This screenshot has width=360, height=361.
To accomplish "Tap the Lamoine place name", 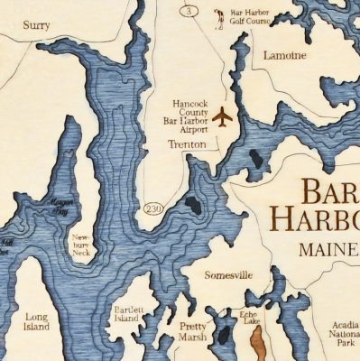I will [x=284, y=55].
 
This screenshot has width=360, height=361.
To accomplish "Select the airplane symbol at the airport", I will [x=222, y=116].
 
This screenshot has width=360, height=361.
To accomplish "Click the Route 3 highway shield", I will [x=189, y=12].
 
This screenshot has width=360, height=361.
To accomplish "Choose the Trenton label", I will [x=187, y=144].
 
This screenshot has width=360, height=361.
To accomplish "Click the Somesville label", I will [x=228, y=274].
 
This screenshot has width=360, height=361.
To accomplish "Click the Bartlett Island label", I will [x=128, y=313].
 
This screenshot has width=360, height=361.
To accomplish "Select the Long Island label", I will [x=36, y=321].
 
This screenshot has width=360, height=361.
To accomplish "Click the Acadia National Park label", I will [x=340, y=333].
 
